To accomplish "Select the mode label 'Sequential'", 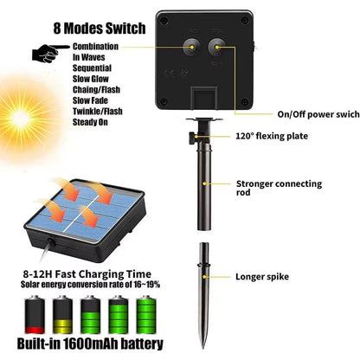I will tap(93, 66).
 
